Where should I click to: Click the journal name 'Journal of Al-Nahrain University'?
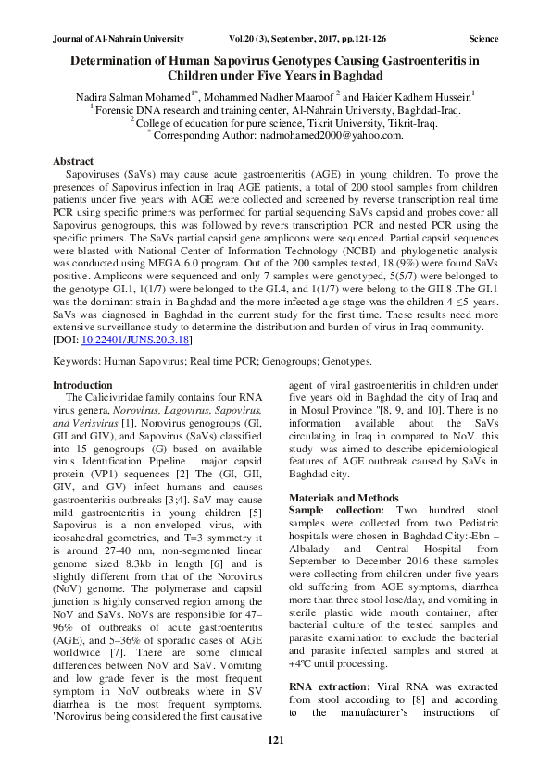pyautogui.click(x=116, y=39)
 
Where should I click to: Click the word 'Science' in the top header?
pyautogui.click(x=483, y=39)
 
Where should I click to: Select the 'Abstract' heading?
pyautogui.click(x=73, y=161)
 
